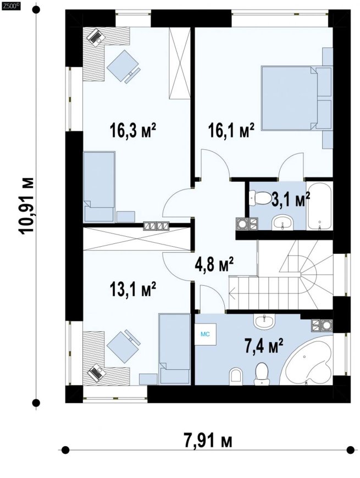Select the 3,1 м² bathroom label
[291, 199]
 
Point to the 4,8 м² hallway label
[214, 265]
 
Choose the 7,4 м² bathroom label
[264, 346]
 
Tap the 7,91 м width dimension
[208, 441]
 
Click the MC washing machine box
[206, 335]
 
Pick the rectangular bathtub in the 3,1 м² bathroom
[319, 205]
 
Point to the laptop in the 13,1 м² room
[97, 373]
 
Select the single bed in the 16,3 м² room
[99, 187]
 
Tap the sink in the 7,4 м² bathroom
[264, 321]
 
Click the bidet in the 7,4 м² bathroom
[236, 374]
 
